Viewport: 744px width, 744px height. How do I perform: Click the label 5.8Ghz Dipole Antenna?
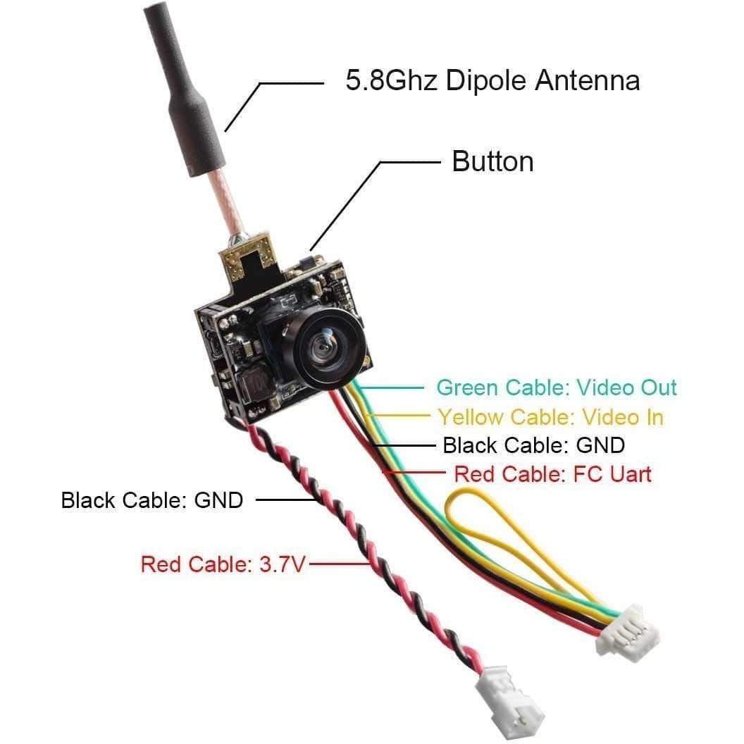coord(492,80)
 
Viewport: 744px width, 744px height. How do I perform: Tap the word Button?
coord(492,161)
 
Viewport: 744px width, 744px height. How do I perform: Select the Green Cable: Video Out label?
coord(556,387)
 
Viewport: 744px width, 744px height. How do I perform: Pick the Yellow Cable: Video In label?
coord(550,416)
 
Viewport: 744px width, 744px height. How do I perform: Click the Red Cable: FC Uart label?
coord(552,473)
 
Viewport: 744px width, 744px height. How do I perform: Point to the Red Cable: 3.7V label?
coord(223,564)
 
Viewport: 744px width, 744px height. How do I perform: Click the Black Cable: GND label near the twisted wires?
coord(151,500)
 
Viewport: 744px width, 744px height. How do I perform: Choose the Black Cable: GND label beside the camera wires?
coord(533,445)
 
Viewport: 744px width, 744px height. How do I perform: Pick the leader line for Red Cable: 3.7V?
coord(338,564)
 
